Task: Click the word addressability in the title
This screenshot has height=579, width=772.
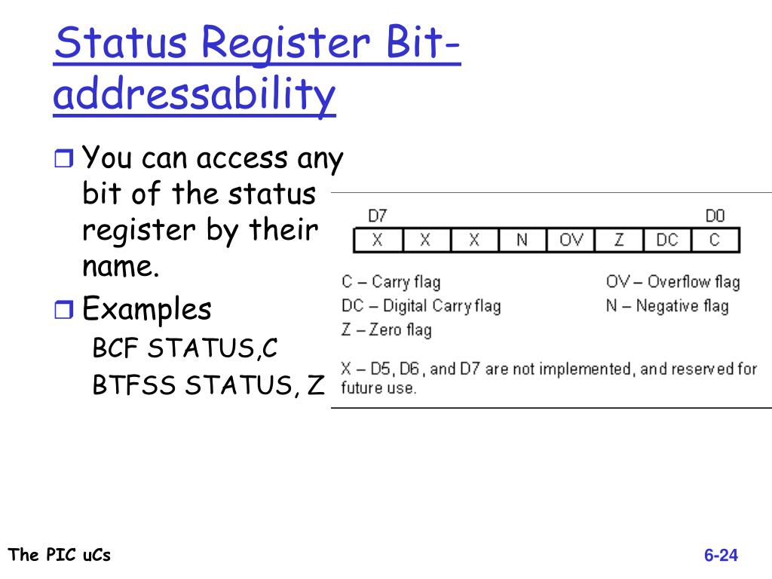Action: click(x=195, y=96)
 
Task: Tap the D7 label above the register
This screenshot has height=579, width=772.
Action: click(x=377, y=216)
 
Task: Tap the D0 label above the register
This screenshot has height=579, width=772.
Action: click(x=715, y=216)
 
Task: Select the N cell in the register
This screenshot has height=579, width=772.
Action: click(x=522, y=240)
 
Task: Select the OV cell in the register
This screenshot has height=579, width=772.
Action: click(x=571, y=240)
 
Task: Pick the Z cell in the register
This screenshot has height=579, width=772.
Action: click(x=619, y=240)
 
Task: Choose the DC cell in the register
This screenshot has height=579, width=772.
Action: click(x=666, y=240)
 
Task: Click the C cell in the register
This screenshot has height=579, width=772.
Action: click(x=715, y=240)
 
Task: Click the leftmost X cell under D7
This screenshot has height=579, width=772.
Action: click(x=378, y=240)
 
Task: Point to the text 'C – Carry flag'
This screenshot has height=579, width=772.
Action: click(x=391, y=282)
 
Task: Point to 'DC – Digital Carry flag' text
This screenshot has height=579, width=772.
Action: click(x=421, y=305)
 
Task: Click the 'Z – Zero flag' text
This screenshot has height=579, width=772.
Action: click(x=386, y=329)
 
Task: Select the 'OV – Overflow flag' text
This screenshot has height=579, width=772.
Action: click(x=672, y=282)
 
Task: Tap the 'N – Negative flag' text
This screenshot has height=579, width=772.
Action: click(x=667, y=305)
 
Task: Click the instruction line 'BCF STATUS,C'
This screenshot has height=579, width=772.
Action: click(x=185, y=349)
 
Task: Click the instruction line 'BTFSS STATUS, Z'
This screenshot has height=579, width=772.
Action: click(x=208, y=385)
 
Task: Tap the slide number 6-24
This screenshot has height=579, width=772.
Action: click(x=721, y=556)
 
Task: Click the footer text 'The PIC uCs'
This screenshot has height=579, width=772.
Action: click(x=60, y=555)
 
